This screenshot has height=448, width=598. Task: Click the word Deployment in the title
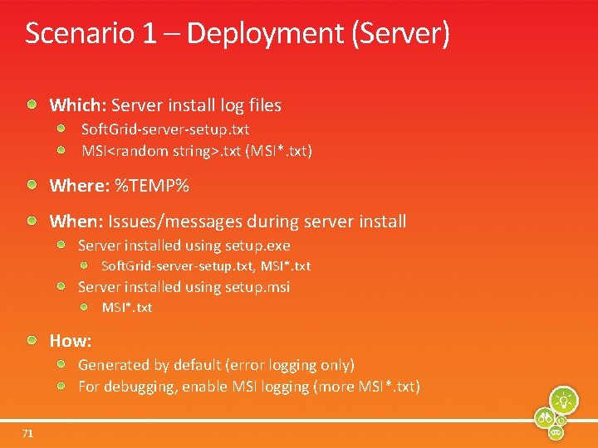coord(265,34)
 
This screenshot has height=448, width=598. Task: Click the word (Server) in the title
coord(401,34)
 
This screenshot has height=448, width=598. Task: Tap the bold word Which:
coord(77,105)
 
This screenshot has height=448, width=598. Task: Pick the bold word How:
coord(71,340)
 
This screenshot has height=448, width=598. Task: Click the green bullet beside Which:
coord(32,105)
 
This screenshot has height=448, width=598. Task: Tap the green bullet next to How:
coord(32,339)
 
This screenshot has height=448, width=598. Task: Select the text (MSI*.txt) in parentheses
coord(279,151)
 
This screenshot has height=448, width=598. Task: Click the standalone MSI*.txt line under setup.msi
coord(127,308)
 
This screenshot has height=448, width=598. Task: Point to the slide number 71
coord(28,432)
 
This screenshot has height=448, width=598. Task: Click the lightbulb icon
coord(564,400)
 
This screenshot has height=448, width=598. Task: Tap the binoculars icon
coord(546,416)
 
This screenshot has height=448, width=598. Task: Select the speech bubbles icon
coord(557,432)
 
